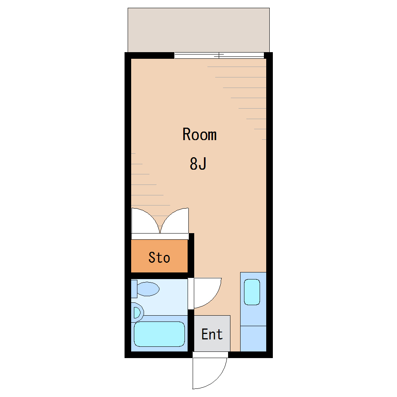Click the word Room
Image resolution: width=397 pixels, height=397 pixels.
click(x=200, y=134)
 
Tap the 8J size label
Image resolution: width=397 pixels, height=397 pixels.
click(x=198, y=163)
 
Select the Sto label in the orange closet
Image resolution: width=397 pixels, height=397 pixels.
click(x=159, y=258)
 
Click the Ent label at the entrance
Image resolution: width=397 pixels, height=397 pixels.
click(x=212, y=334)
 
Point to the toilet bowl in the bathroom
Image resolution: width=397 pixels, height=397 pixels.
click(x=148, y=289)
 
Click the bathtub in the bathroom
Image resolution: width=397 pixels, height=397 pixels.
click(x=159, y=334)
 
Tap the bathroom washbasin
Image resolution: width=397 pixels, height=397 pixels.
click(x=137, y=313)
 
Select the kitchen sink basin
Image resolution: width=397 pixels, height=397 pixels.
click(x=252, y=292)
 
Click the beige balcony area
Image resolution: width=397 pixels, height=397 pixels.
click(x=199, y=30)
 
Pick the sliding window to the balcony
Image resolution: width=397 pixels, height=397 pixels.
click(x=219, y=55)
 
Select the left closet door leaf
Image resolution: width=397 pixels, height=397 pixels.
click(x=145, y=221)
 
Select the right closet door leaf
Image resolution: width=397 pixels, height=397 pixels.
click(x=175, y=221)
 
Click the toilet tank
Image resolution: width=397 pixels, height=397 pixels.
click(x=134, y=289)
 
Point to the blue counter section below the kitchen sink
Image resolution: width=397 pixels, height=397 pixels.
click(x=253, y=339)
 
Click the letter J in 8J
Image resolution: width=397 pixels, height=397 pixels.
click(x=202, y=163)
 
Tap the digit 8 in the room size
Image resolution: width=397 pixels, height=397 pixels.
click(x=193, y=163)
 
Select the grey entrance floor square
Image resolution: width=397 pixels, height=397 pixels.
click(x=212, y=334)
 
